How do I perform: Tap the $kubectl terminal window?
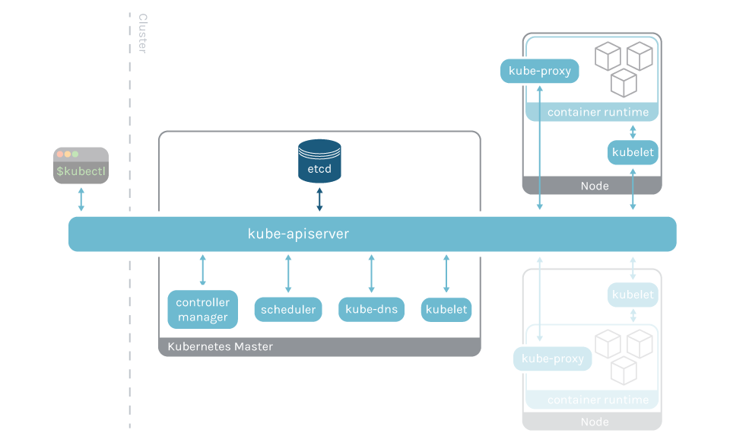click(x=81, y=165)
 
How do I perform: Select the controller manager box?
click(x=202, y=310)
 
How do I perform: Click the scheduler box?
click(x=287, y=310)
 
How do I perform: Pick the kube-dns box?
click(x=371, y=310)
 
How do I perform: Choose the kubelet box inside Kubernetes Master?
click(x=446, y=310)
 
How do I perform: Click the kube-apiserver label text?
click(x=298, y=234)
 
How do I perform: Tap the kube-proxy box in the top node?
click(x=539, y=72)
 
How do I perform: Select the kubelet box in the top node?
click(x=633, y=152)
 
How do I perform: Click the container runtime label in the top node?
click(x=598, y=113)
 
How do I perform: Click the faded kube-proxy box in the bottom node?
click(x=553, y=359)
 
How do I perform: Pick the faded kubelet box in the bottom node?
click(x=633, y=295)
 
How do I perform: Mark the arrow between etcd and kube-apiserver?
click(x=319, y=199)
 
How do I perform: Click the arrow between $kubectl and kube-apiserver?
click(x=81, y=199)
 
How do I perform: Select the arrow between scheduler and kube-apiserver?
click(x=287, y=274)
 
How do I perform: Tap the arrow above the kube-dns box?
click(x=371, y=274)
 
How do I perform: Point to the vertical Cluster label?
click(x=142, y=33)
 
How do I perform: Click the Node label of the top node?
click(x=594, y=186)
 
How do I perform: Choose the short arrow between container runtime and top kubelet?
click(x=633, y=131)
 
